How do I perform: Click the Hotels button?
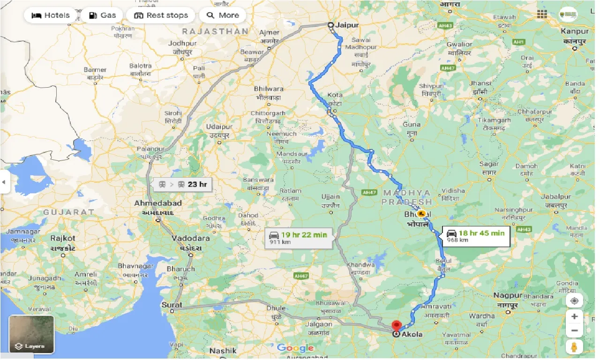(50, 15)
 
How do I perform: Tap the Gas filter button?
(102, 15)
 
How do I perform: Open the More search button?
(223, 15)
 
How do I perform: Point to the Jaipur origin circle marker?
(330, 25)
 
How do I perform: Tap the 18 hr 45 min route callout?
(475, 235)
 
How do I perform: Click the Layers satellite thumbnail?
(31, 334)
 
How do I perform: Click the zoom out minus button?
(574, 331)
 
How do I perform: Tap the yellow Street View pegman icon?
(574, 347)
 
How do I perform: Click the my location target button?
(574, 300)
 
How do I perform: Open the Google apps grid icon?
(542, 14)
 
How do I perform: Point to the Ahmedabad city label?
(158, 203)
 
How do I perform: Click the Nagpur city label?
(507, 296)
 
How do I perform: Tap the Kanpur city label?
(576, 31)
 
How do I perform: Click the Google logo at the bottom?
(295, 348)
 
